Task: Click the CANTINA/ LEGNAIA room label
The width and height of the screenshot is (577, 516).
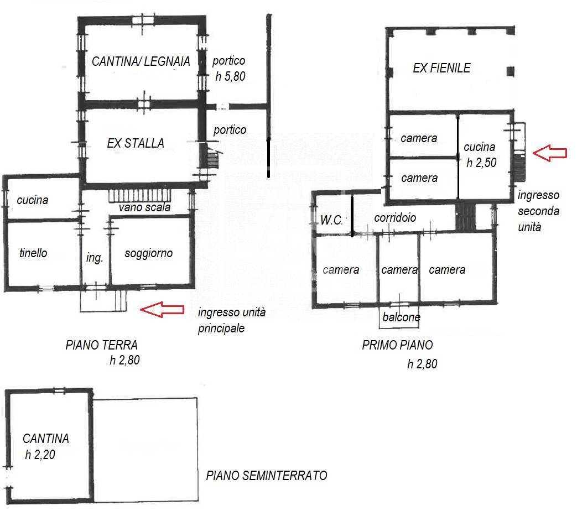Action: point(141,61)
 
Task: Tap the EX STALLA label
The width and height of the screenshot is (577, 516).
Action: point(136,143)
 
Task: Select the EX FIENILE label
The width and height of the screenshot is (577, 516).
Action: point(441,68)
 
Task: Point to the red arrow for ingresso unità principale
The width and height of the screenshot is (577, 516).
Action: point(162,309)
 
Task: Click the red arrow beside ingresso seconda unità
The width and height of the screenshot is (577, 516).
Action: point(550,153)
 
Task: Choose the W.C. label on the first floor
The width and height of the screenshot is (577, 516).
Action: point(331,220)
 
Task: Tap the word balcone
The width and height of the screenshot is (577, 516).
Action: point(401,317)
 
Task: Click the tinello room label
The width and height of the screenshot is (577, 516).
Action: point(33,253)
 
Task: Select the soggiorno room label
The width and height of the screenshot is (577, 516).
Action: point(149,253)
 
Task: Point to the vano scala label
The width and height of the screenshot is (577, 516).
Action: point(144,207)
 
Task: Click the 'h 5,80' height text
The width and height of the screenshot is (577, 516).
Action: point(230,76)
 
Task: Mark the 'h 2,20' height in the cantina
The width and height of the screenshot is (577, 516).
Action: point(40,455)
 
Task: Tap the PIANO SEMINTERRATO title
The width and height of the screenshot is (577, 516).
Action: point(267,476)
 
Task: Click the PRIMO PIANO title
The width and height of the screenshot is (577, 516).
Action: point(397,345)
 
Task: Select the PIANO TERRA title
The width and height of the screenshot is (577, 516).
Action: point(102,345)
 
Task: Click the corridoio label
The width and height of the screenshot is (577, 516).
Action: point(395,218)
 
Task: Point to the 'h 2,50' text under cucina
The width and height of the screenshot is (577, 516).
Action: point(481,163)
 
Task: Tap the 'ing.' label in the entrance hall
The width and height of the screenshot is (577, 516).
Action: point(94,258)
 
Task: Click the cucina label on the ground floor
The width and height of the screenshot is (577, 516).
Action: point(33,200)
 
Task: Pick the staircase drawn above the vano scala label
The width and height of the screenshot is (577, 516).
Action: point(140,196)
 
